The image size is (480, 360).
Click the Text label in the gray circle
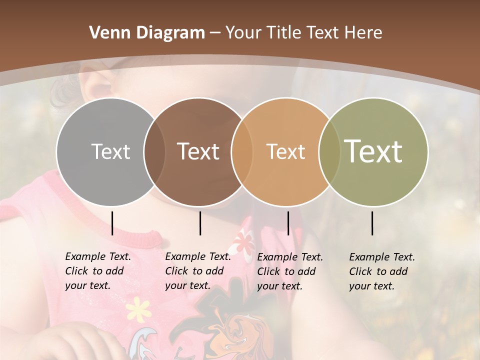point(110,151)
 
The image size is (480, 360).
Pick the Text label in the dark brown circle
point(198,151)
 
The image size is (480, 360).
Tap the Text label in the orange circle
point(285,151)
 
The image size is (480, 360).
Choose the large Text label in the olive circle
point(373,151)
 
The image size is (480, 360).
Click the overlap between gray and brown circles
point(154,151)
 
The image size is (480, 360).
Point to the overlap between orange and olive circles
point(327,151)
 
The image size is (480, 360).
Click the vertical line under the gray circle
point(112,223)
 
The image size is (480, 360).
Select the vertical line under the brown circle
point(200,223)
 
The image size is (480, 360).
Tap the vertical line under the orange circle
point(288,223)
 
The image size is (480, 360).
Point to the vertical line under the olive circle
point(372,223)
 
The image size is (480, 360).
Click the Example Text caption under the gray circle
point(98,271)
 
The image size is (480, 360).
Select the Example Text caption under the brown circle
point(198,271)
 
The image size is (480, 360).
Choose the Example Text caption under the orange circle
point(290,271)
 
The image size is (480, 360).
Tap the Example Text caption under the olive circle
point(382,271)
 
